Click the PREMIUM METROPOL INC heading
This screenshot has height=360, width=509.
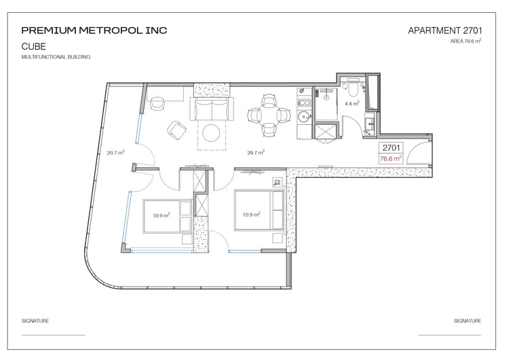94,31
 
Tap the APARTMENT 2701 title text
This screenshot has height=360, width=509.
445,31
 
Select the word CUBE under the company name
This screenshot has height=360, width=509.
34,46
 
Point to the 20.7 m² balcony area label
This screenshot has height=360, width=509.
116,152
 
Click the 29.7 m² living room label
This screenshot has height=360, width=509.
256,152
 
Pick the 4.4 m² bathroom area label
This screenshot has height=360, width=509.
352,104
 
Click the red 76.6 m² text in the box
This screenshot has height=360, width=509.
391,158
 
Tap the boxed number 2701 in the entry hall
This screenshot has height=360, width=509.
391,148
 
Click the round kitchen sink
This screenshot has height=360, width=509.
305,116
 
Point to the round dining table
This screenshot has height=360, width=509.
269,115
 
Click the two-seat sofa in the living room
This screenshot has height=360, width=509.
212,109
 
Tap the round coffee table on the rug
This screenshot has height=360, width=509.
211,132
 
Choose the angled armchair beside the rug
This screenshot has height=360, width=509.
177,130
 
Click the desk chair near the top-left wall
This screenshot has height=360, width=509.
157,103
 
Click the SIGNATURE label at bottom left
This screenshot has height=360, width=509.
35,321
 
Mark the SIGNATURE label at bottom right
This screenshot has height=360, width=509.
468,321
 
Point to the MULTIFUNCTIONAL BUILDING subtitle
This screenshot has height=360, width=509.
56,57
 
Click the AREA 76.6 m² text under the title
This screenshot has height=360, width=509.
466,41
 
